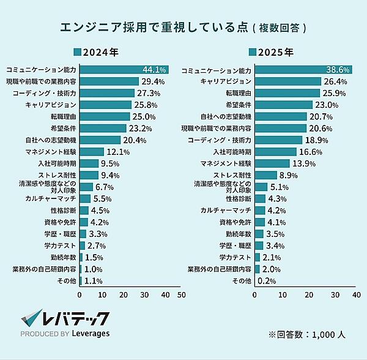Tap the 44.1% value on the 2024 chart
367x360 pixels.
(154, 69)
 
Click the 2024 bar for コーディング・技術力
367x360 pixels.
(107, 93)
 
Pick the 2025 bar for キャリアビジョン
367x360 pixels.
(287, 81)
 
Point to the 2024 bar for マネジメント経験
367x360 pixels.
(92, 151)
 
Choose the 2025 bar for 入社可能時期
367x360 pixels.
(276, 151)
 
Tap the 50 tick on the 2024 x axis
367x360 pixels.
(181, 294)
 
